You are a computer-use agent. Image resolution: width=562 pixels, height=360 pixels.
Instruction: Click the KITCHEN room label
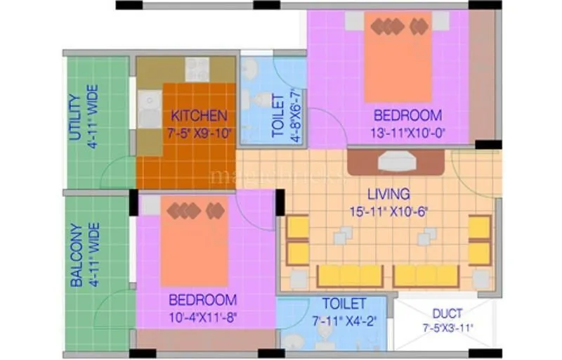point(200,115)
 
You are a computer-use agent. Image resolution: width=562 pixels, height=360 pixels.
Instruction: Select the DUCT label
point(447,314)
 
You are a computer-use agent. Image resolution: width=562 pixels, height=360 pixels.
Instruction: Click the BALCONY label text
point(76,255)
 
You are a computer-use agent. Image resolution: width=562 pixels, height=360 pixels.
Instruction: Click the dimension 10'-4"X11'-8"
point(204,316)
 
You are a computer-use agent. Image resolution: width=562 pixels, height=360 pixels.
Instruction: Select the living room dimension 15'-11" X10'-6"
point(388,210)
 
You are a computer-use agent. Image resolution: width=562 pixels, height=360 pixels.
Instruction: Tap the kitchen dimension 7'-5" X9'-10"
point(200,131)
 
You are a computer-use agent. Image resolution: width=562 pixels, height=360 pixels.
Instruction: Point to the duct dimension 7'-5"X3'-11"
point(447,328)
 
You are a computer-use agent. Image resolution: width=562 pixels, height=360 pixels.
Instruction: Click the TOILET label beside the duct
point(344,304)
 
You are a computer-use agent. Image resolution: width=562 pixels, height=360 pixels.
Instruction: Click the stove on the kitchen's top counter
point(197,70)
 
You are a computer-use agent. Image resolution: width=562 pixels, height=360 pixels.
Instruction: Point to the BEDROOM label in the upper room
point(407,115)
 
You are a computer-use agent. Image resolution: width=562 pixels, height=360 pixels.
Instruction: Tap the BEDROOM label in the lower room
point(202,300)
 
